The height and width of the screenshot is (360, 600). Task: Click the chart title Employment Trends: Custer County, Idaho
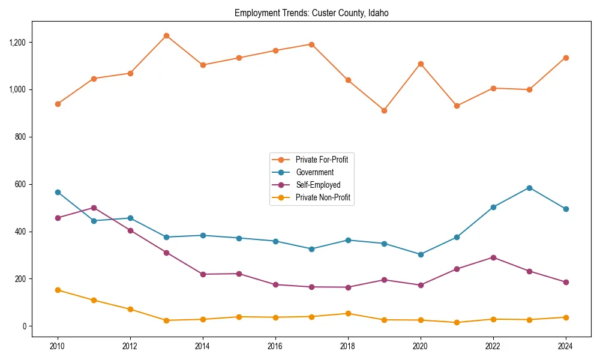[x=311, y=13]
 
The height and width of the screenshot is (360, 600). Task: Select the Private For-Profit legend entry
[x=322, y=160]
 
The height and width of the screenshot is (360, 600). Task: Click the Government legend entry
[x=314, y=172]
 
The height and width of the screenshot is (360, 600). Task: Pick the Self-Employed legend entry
[x=317, y=185]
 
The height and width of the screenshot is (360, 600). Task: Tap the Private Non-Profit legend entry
[x=322, y=197]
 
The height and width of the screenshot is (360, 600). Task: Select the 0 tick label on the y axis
[x=25, y=326]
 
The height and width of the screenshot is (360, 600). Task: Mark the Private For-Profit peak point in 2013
[x=166, y=36]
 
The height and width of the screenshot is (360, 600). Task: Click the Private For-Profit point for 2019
[x=384, y=110]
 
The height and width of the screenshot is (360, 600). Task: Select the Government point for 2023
[x=529, y=188]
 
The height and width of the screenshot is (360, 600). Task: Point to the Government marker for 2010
[x=58, y=192]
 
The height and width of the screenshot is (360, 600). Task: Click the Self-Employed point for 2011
[x=94, y=208]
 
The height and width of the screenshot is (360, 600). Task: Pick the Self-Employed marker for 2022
[x=493, y=257]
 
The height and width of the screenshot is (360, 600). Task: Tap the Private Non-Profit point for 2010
[x=58, y=290]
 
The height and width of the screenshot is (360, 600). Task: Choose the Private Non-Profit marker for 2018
[x=348, y=313]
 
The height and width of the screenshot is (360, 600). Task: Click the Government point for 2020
[x=421, y=254]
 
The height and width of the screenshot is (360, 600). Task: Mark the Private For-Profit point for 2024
[x=566, y=58]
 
